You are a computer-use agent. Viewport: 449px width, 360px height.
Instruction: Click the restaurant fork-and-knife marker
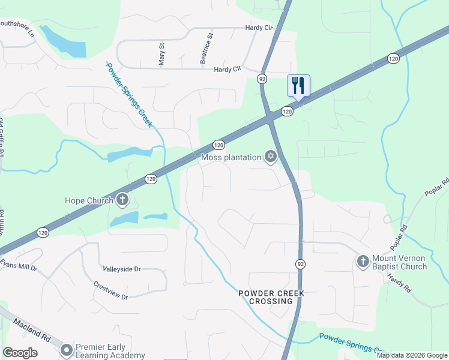click(298, 85)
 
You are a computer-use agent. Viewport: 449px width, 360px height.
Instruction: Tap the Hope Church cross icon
click(122, 200)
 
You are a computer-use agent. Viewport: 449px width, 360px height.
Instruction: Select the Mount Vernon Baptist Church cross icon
click(362, 262)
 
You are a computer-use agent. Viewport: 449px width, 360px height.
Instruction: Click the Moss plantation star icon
click(271, 157)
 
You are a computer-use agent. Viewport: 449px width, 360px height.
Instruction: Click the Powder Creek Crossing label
click(272, 297)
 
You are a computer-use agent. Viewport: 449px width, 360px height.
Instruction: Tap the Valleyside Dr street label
click(121, 269)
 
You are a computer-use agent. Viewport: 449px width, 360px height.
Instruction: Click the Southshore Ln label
click(17, 26)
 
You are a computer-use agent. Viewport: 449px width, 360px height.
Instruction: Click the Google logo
click(20, 353)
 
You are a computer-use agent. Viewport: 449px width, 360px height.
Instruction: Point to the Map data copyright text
click(412, 355)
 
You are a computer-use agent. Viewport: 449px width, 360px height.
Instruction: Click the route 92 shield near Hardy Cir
click(262, 79)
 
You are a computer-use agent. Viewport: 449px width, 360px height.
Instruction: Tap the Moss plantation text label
click(231, 158)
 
